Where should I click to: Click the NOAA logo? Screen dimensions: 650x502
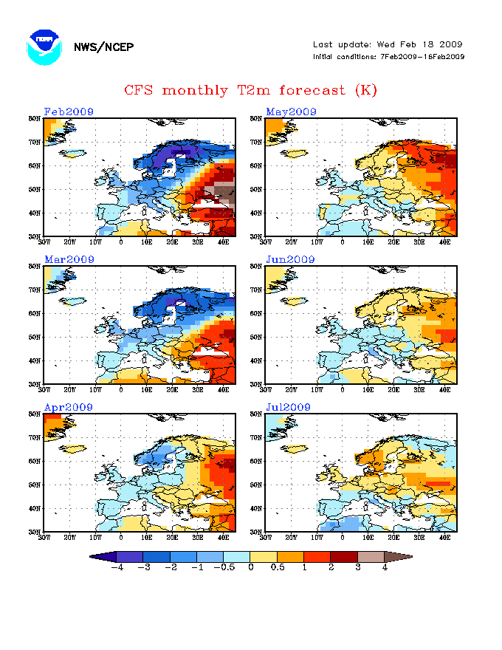click(x=44, y=47)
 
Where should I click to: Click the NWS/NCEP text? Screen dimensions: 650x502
click(x=103, y=47)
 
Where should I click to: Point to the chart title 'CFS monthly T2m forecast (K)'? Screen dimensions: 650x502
click(x=250, y=90)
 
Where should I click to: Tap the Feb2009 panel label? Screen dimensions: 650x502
click(x=69, y=112)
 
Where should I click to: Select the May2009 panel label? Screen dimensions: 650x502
click(x=292, y=112)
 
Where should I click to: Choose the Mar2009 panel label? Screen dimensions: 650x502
click(x=69, y=260)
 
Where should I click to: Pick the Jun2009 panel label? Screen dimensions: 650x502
click(x=291, y=260)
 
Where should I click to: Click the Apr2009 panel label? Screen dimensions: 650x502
click(x=69, y=408)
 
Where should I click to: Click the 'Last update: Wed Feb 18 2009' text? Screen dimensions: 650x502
click(x=388, y=44)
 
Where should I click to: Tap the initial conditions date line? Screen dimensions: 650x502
click(x=388, y=57)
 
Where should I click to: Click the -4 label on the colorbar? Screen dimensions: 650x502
click(x=116, y=568)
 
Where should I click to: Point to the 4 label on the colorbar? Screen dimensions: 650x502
click(x=385, y=568)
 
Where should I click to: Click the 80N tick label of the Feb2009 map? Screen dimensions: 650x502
click(x=35, y=118)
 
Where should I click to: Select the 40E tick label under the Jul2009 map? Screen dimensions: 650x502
click(x=445, y=537)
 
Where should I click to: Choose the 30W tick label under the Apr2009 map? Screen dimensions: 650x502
click(x=44, y=537)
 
